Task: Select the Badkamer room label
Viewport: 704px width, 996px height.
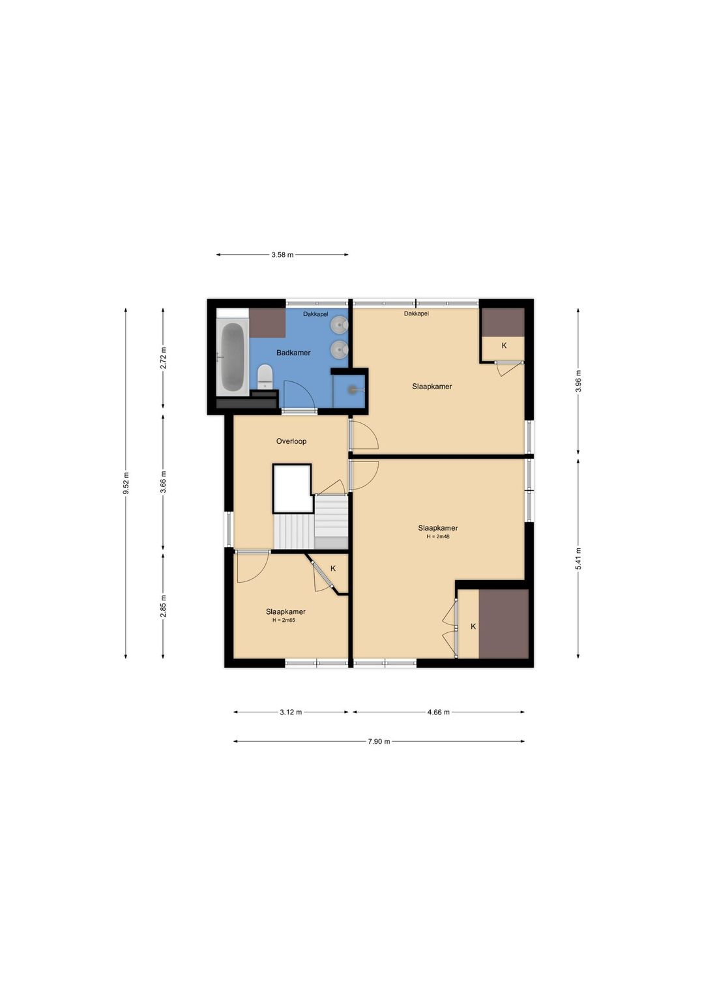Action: pos(293,353)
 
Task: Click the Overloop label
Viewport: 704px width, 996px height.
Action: pos(291,441)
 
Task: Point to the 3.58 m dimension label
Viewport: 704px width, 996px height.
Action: pos(282,256)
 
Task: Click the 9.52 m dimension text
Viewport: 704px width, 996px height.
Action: pos(126,483)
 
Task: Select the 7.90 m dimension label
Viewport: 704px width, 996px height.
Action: pos(379,741)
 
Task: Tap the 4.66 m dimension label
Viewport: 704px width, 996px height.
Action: pos(439,712)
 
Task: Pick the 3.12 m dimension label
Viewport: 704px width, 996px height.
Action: pos(291,712)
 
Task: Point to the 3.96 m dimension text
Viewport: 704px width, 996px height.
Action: pos(578,381)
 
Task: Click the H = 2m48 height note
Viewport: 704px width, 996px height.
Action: pos(438,536)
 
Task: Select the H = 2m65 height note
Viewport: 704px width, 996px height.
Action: pos(284,620)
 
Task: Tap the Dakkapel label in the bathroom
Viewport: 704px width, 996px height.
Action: pos(315,314)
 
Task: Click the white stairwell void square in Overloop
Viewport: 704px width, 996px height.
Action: pos(292,488)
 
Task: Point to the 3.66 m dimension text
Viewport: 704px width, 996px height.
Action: pos(163,482)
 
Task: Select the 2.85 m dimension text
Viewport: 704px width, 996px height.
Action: pos(163,606)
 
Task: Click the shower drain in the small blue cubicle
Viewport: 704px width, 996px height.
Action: pos(355,390)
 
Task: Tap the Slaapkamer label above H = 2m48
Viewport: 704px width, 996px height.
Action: pos(438,528)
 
